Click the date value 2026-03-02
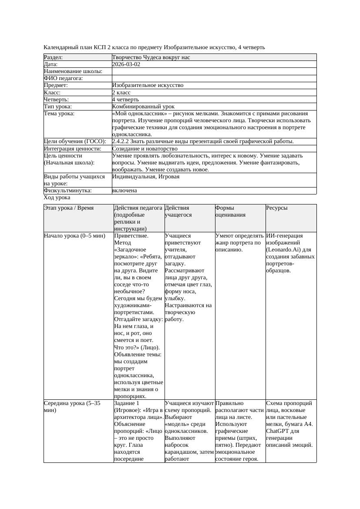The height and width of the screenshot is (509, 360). click(x=126, y=64)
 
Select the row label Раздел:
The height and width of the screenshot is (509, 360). click(x=53, y=57)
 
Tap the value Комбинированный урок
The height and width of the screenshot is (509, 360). click(x=143, y=107)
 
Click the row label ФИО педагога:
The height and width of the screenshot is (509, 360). click(x=64, y=78)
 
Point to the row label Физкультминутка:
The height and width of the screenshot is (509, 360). click(x=67, y=191)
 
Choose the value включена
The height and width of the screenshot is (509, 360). click(x=124, y=191)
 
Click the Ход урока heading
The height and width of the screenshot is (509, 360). click(x=57, y=198)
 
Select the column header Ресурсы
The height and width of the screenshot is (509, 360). click(x=277, y=208)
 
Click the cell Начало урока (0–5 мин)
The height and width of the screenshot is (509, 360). click(x=74, y=236)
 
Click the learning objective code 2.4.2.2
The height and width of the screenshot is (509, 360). click(x=122, y=141)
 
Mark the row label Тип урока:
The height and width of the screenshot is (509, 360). click(x=58, y=107)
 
